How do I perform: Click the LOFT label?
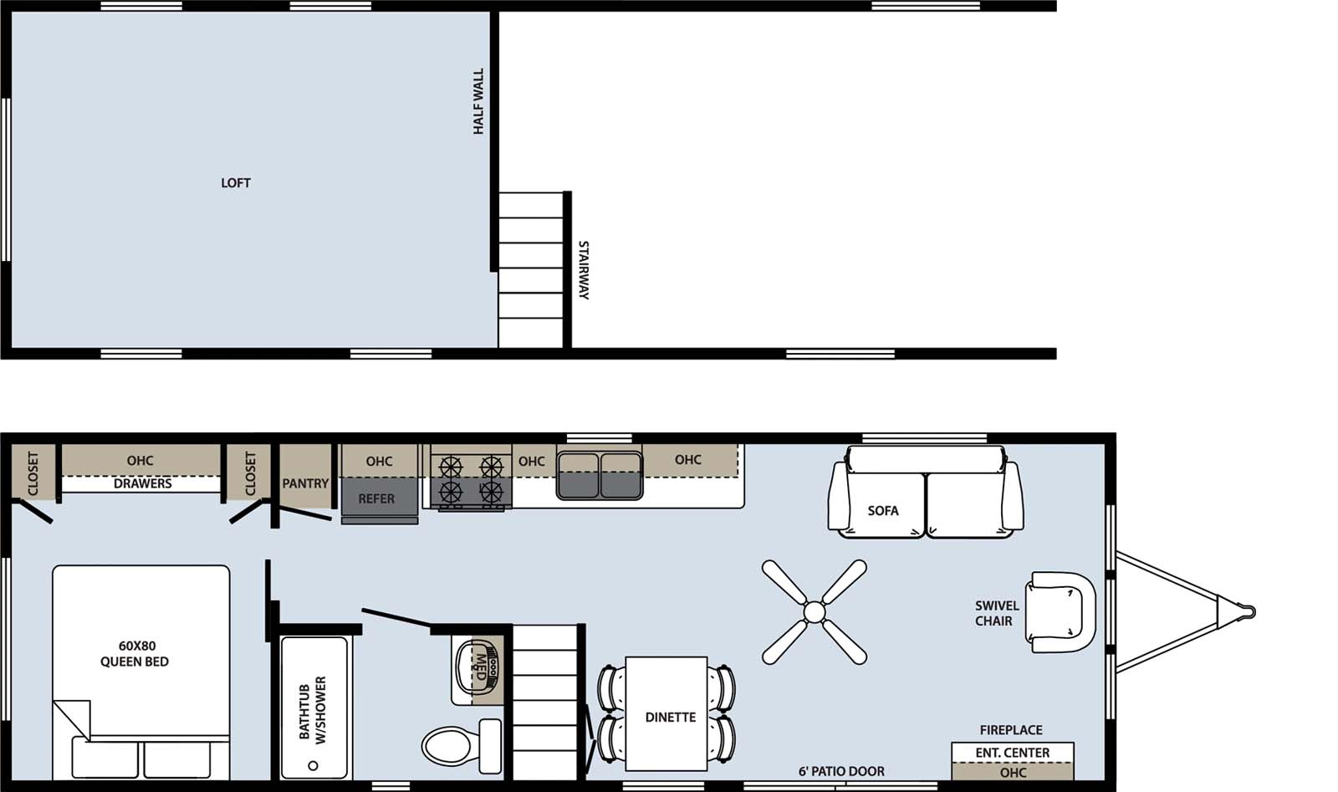point(235,182)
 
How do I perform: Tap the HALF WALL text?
point(478,101)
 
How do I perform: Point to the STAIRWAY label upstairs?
point(584,270)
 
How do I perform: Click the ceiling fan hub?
point(814,612)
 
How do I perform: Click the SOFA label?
point(883,510)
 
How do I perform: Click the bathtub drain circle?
point(313,765)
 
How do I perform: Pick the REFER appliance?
point(378,498)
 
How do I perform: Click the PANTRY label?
point(305,483)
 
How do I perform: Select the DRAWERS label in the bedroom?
point(142,483)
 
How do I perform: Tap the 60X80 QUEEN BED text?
point(134,653)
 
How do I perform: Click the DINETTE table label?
point(670,717)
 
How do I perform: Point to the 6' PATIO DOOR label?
point(841,771)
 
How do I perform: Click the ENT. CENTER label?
point(1012,753)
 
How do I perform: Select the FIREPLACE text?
point(1011,730)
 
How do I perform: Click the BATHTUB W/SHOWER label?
point(313,709)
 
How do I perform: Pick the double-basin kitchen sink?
point(600,475)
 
